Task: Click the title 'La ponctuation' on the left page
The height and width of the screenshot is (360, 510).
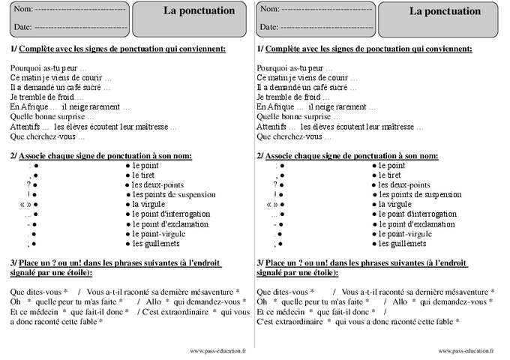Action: click(x=199, y=11)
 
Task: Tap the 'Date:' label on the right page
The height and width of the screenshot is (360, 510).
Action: click(x=268, y=27)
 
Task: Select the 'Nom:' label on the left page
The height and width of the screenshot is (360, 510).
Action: click(x=23, y=10)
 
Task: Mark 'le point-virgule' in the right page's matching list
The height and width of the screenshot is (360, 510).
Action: click(x=406, y=233)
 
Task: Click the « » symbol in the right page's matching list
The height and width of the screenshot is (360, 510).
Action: click(x=272, y=204)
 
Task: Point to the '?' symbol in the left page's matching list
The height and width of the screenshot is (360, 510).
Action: click(x=28, y=184)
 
